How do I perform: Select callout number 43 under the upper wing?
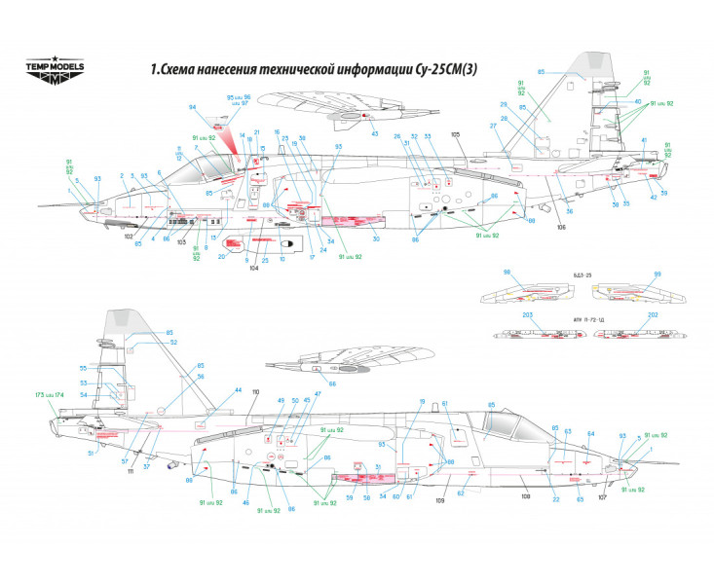click(x=374, y=133)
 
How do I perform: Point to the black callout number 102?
click(x=129, y=235)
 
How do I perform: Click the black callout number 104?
click(x=254, y=268)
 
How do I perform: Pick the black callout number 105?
click(x=455, y=132)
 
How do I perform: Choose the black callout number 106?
click(x=561, y=228)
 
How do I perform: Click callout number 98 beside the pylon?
click(x=507, y=273)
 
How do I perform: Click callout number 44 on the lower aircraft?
click(x=238, y=390)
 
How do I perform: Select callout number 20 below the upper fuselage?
click(x=221, y=257)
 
